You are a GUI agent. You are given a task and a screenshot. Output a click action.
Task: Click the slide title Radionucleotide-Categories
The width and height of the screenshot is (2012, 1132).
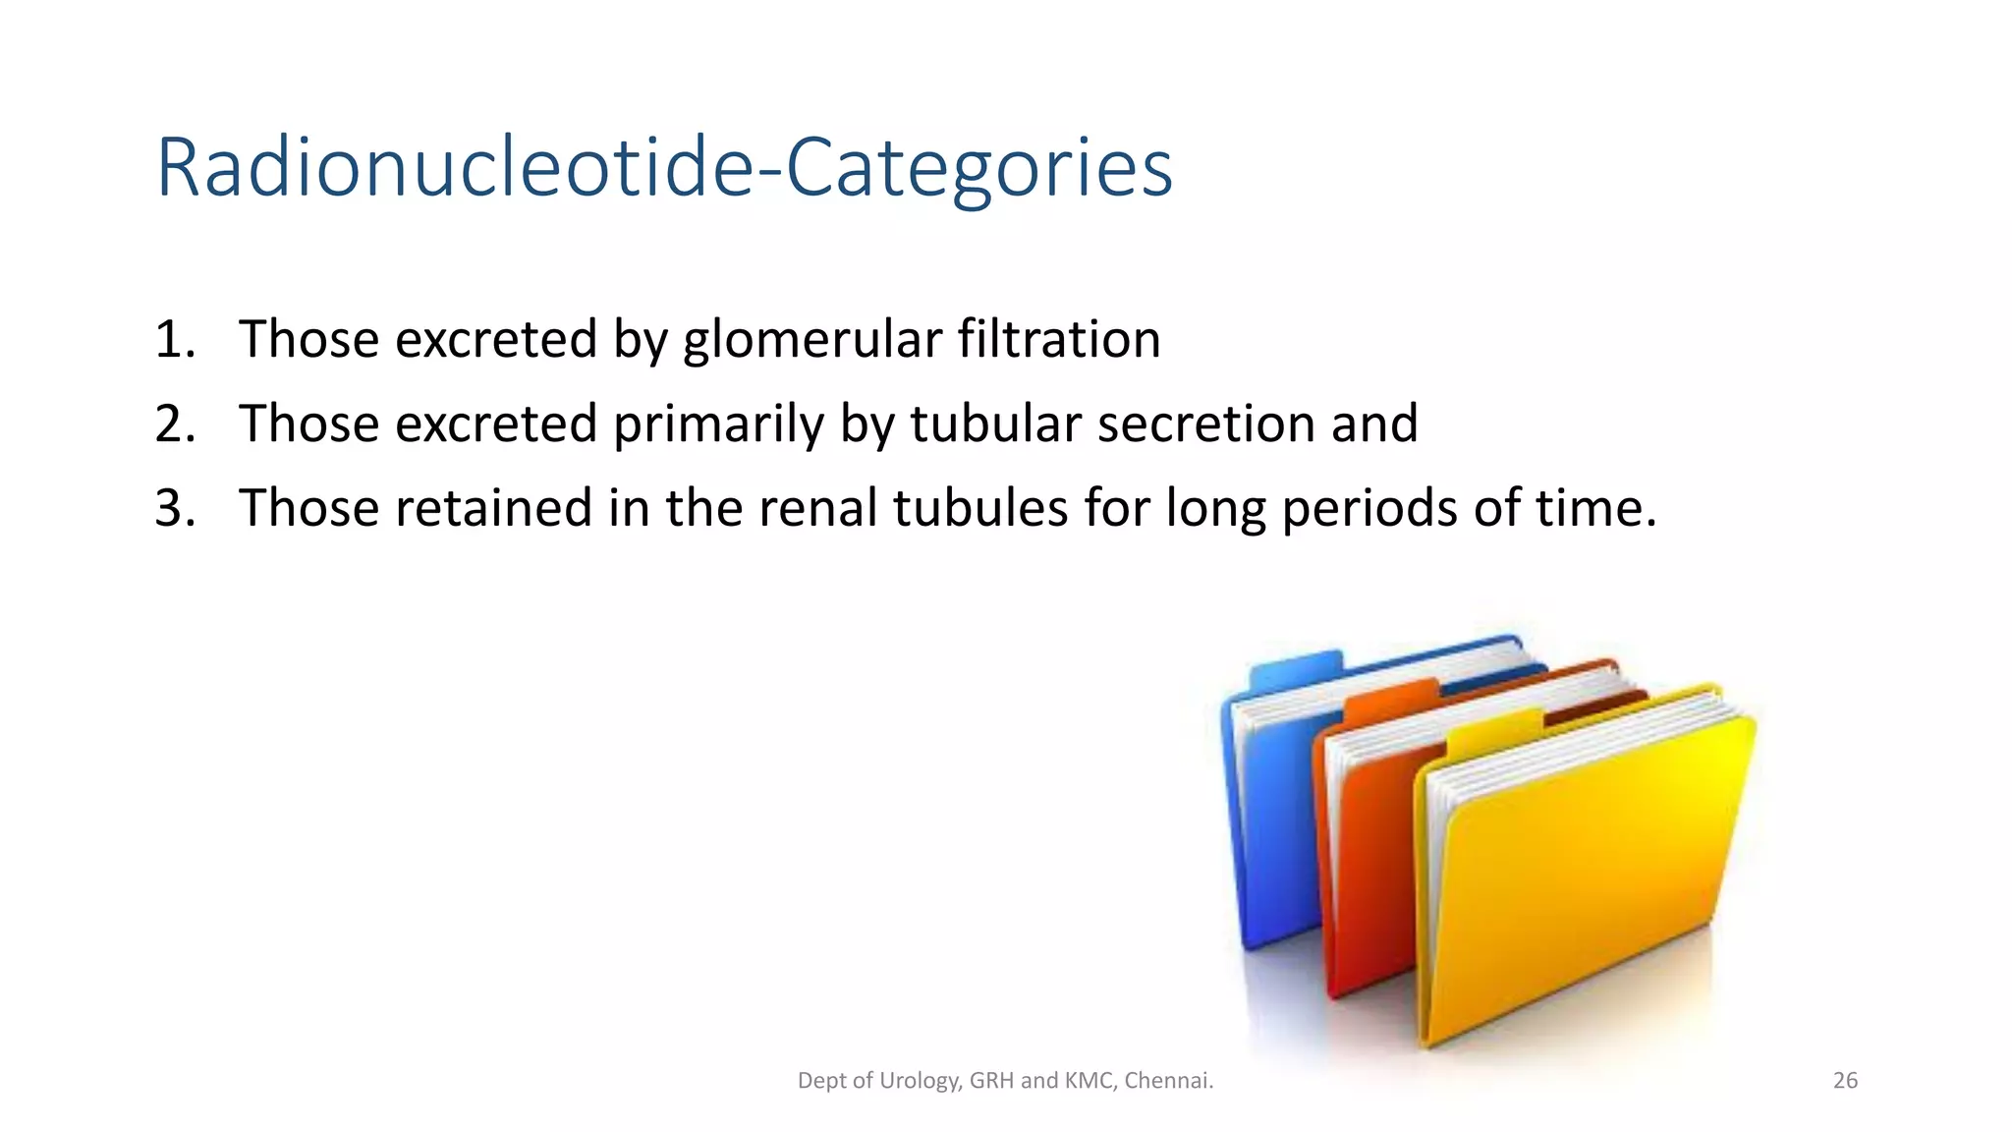[x=664, y=168]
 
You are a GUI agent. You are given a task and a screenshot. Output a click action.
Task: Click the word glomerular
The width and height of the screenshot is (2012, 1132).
[x=812, y=339]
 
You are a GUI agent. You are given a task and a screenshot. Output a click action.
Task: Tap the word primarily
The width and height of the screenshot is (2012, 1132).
[x=717, y=424]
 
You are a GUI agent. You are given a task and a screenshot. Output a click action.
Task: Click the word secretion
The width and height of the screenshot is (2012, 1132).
[x=1205, y=424]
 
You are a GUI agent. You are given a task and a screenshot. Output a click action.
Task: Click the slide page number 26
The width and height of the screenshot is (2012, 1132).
[x=1845, y=1081]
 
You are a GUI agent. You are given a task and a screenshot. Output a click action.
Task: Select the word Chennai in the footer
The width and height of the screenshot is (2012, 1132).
[x=1167, y=1081]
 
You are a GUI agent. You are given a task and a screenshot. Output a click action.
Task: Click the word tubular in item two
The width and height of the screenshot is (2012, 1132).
[x=994, y=424]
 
